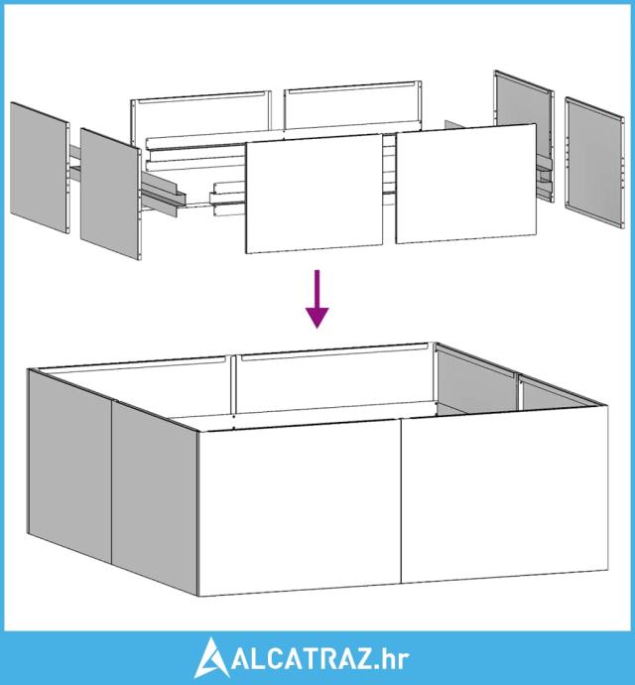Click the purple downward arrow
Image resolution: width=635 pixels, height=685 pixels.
(x=317, y=299)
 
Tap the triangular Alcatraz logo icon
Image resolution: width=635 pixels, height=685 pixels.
(x=211, y=659)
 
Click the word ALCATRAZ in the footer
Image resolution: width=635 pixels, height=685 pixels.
(x=302, y=660)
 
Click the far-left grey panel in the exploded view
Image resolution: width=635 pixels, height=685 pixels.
(x=40, y=168)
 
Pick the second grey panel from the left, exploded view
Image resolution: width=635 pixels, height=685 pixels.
(x=111, y=194)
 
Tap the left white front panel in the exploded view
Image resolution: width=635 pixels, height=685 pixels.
(x=314, y=194)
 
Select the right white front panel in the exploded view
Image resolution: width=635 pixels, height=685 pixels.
(x=466, y=184)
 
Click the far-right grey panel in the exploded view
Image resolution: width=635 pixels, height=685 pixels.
(x=594, y=162)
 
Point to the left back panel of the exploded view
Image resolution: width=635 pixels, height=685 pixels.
(x=200, y=114)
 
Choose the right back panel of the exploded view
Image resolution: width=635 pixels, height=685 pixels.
(x=352, y=105)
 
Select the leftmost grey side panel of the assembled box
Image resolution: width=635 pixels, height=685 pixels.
(x=70, y=466)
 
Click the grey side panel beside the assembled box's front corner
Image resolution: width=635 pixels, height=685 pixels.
(x=155, y=498)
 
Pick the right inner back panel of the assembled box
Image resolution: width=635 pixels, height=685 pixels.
(x=335, y=377)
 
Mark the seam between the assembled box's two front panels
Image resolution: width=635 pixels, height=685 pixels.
(x=401, y=500)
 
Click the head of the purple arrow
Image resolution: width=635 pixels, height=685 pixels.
(x=317, y=318)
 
